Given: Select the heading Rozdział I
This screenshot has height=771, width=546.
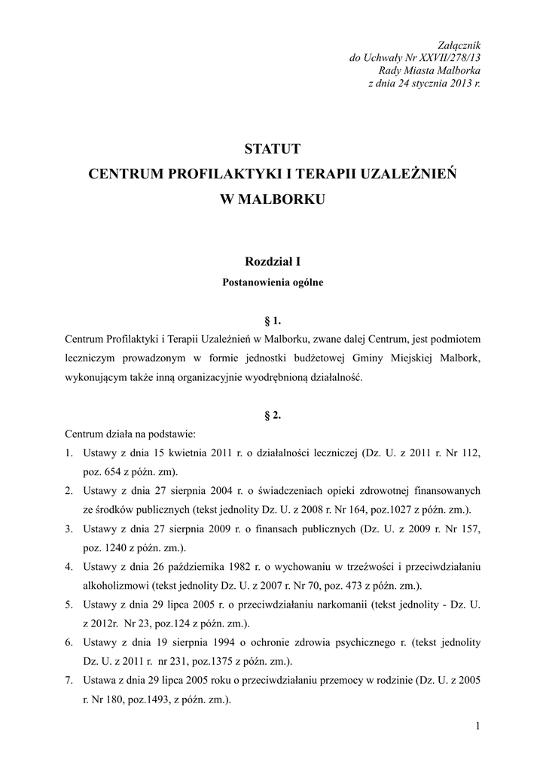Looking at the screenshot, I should [x=273, y=262].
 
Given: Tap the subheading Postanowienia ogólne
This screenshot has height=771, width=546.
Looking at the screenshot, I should [x=273, y=283].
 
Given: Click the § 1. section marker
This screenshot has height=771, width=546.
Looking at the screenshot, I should [x=273, y=320].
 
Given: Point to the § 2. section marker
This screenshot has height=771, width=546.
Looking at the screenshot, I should [x=273, y=414].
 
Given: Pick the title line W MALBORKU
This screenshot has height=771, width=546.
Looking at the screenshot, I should [x=273, y=200].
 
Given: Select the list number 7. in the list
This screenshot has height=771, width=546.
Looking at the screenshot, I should [x=69, y=681].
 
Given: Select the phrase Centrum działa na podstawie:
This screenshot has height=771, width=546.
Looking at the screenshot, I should [x=120, y=434].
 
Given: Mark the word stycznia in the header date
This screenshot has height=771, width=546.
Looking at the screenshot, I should [x=429, y=84].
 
